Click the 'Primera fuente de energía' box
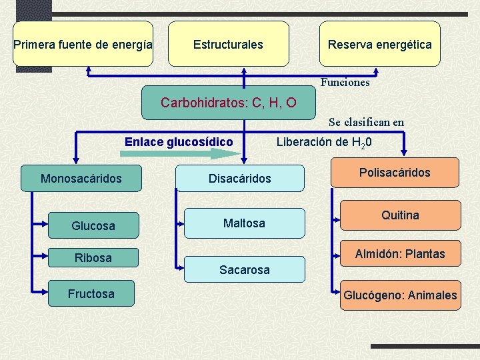click(83, 45)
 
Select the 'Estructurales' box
click(228, 45)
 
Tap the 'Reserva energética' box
click(379, 45)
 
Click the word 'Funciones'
click(345, 83)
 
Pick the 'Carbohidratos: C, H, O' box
click(229, 103)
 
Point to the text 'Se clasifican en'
click(366, 122)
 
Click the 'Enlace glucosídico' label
click(179, 141)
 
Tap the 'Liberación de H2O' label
click(324, 142)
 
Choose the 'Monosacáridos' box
click(81, 178)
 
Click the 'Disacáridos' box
click(239, 178)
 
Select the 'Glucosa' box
click(93, 226)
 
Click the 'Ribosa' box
click(93, 257)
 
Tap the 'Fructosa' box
click(91, 293)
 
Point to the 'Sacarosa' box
click(244, 269)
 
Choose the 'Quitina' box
click(400, 215)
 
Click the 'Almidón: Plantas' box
click(400, 254)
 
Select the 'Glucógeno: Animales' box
click(400, 295)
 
